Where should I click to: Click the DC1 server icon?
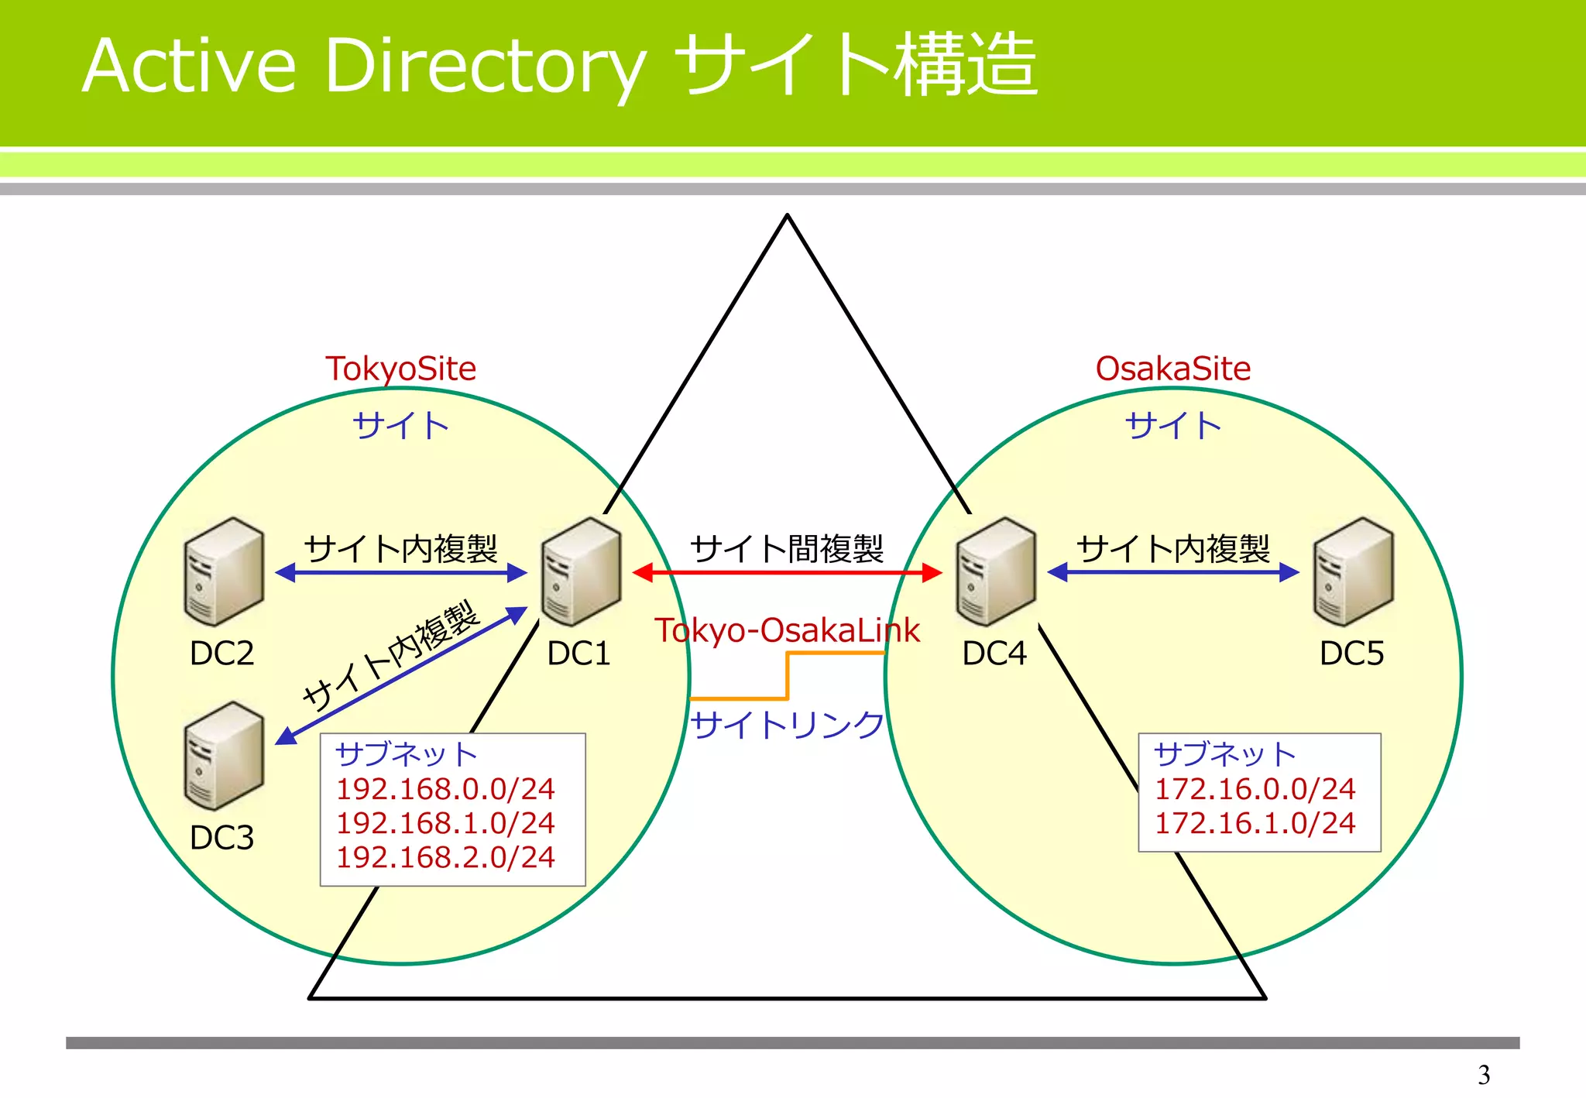tap(582, 571)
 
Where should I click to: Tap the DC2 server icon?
tap(224, 571)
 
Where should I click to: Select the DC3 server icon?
tap(224, 756)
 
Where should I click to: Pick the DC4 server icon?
tap(996, 571)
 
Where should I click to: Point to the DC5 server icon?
tap(1353, 571)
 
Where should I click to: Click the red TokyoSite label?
tap(400, 369)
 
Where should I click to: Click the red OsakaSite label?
tap(1172, 369)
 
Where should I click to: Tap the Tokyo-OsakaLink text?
tap(787, 630)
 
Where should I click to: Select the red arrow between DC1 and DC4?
tap(787, 573)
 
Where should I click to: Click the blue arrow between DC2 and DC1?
tap(401, 573)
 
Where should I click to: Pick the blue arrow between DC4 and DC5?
tap(1172, 572)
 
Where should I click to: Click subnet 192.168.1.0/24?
tap(445, 823)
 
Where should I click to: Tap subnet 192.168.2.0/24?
tap(445, 857)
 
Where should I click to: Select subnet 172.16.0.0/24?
tap(1255, 789)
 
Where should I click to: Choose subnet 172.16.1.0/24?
tap(1255, 823)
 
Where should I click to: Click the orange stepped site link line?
tap(788, 675)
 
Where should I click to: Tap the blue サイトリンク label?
tap(787, 726)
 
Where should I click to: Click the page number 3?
tap(1483, 1075)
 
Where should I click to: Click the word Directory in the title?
tap(485, 68)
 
